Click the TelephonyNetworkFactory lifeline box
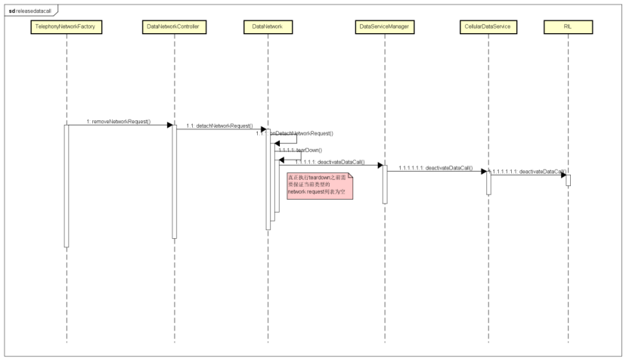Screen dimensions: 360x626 [67, 27]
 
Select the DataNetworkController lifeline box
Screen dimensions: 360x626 [175, 27]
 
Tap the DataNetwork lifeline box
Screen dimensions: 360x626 [268, 27]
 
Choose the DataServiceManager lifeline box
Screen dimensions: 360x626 [384, 27]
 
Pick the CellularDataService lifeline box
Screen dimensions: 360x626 [488, 27]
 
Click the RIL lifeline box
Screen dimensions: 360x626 [568, 27]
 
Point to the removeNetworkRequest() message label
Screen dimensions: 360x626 [119, 121]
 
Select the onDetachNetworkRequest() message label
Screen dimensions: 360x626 [302, 133]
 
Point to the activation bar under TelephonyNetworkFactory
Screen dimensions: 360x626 [67, 185]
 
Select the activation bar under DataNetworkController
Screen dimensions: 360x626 [175, 182]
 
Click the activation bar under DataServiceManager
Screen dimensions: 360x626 [384, 184]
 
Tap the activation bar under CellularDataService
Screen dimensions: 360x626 [488, 182]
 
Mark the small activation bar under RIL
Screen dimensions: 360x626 [568, 180]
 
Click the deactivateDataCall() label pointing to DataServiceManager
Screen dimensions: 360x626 [330, 162]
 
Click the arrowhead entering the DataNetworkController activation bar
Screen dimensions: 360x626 [169, 125]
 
